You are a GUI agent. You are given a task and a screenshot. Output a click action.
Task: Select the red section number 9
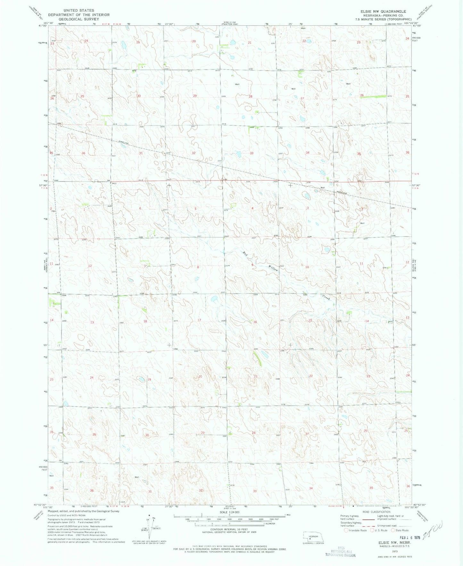click(252, 265)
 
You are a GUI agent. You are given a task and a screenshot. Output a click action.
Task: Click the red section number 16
click(255, 322)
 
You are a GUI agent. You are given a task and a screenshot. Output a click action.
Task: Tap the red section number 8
click(198, 267)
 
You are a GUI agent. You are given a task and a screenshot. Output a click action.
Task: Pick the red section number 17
click(199, 320)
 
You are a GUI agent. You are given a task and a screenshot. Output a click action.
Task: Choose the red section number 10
click(307, 267)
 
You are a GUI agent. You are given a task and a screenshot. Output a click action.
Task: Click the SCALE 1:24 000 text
click(229, 521)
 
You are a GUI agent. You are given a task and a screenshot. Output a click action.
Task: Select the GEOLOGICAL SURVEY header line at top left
click(79, 19)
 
